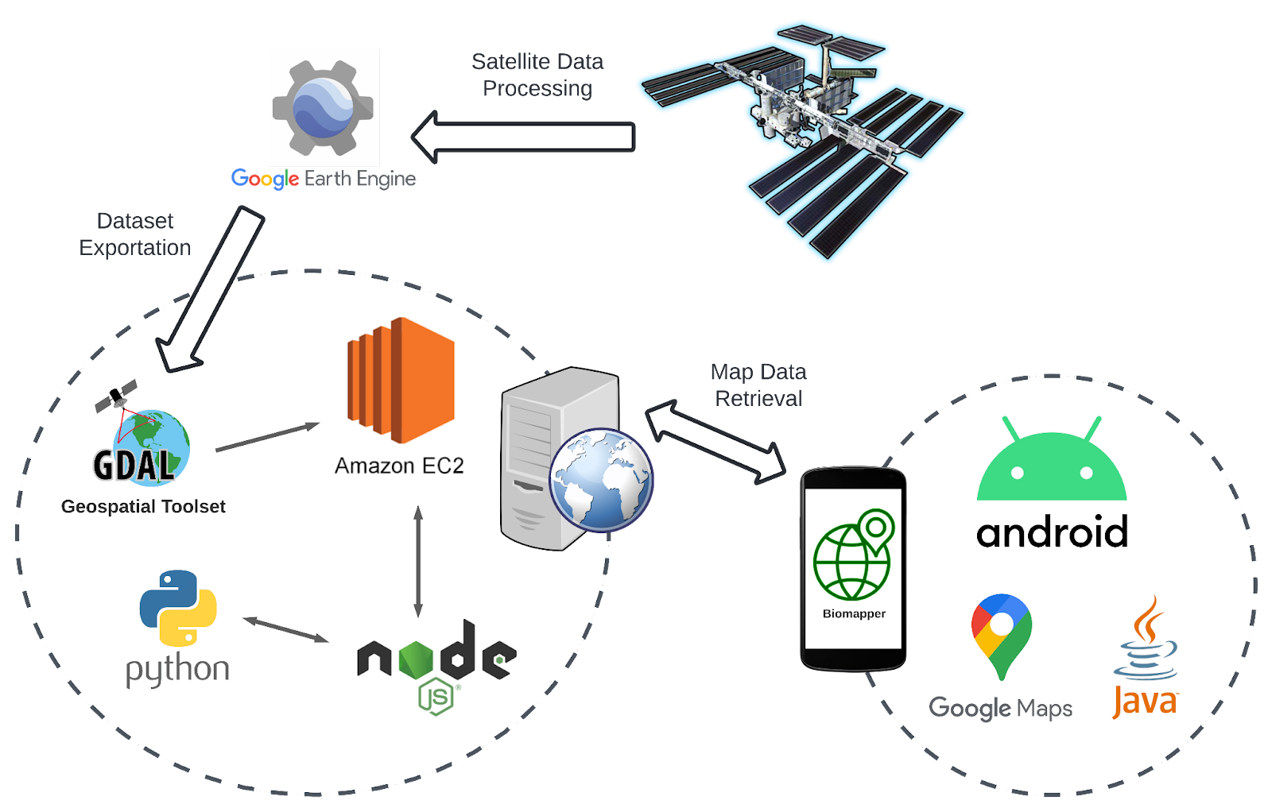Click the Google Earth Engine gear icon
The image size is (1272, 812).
[x=323, y=108]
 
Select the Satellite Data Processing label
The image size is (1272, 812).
[x=537, y=75]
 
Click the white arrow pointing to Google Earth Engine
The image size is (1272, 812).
[x=525, y=137]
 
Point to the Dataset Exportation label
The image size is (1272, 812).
[x=135, y=234]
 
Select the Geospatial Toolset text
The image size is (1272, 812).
[x=143, y=507]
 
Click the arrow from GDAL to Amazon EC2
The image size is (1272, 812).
[x=266, y=438]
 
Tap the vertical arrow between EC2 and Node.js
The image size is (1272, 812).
[x=418, y=561]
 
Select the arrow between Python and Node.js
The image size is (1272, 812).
[x=285, y=630]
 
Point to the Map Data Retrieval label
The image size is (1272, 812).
[x=759, y=385]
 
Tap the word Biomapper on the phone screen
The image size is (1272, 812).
[x=854, y=614]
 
